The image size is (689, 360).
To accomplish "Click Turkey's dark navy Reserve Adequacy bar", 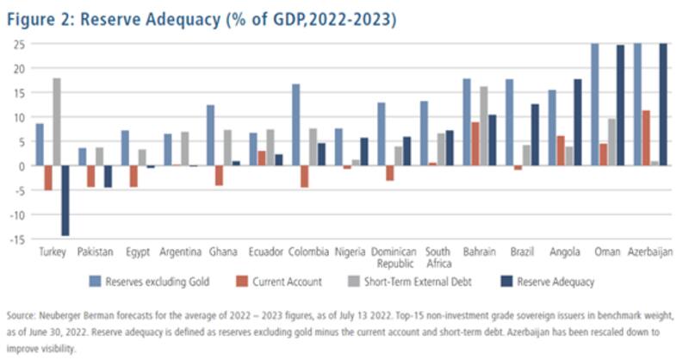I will (x=65, y=200).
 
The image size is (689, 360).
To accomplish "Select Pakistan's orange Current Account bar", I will (x=90, y=176).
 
